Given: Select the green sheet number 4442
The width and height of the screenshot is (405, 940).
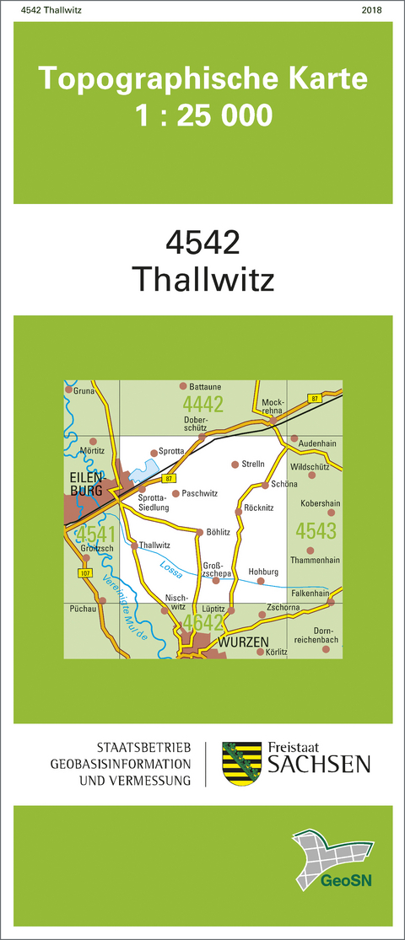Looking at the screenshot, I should pos(202,404).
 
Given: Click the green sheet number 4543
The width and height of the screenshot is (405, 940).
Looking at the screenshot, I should pos(316,531).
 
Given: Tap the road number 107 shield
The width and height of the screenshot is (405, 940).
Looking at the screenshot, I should pos(84,573).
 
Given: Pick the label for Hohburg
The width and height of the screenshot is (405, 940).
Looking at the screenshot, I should pos(262,571).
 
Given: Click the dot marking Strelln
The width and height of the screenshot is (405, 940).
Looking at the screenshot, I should pos(235,465).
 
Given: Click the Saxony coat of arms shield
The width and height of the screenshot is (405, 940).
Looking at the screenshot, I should pos(239,763).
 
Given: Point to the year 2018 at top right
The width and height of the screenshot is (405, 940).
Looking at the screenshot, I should pos(370,10).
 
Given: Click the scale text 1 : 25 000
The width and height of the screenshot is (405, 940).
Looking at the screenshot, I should pos(203,114).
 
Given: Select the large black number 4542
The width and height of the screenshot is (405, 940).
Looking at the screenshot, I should pos(202,243).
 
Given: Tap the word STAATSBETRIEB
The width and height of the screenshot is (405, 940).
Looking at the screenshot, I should pos(143,748).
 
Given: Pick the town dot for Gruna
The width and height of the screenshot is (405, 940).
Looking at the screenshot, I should pos(68,391).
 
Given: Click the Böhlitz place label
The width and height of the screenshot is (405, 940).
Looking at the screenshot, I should pos(218,532).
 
